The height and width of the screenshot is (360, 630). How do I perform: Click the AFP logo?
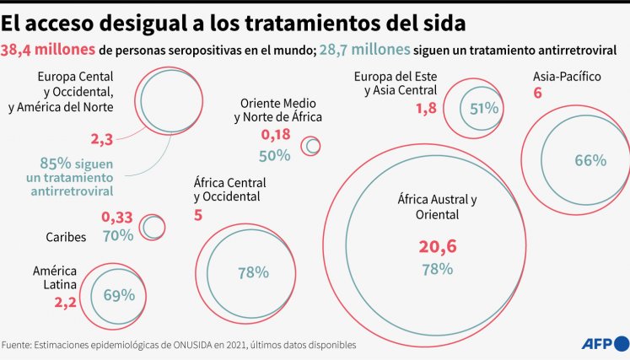click(605, 343)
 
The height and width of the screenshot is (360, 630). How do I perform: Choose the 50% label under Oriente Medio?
click(275, 154)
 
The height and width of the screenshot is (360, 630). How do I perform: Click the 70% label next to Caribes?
click(117, 235)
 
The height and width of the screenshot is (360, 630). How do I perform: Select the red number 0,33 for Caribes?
click(117, 217)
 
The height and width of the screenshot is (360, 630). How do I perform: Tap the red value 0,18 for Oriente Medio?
click(276, 135)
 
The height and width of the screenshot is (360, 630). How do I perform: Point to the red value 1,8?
click(426, 108)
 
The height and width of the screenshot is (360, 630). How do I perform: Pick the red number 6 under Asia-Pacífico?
click(537, 94)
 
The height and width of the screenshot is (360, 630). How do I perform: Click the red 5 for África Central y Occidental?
click(198, 215)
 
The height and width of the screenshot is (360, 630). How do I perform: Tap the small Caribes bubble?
click(153, 227)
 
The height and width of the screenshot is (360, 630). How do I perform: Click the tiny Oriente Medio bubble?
click(312, 146)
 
